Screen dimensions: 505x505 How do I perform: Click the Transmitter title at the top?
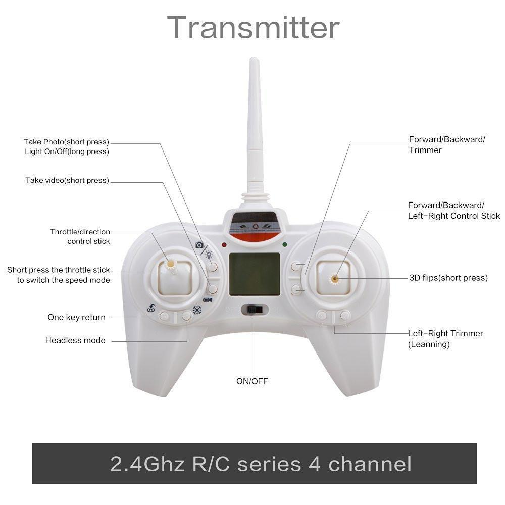[x=253, y=28]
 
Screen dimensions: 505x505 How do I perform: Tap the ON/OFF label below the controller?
[x=252, y=381]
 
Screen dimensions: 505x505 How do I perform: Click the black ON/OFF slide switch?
[x=255, y=310]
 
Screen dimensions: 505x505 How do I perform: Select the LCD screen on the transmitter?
[x=255, y=274]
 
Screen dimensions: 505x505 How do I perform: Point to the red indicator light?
[x=224, y=245]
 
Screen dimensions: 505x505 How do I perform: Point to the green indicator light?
[x=285, y=245]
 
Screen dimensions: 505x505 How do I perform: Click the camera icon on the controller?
[x=199, y=245]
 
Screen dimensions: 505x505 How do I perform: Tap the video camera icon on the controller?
[x=208, y=300]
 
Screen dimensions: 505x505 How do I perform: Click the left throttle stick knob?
[x=170, y=264]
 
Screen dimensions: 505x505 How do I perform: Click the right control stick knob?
[x=335, y=279]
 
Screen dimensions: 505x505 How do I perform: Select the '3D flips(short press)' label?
[x=448, y=278]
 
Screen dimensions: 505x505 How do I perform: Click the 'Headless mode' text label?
[x=75, y=340]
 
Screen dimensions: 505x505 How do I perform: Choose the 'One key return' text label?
[x=76, y=317]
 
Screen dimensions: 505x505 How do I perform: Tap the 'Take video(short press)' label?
[x=67, y=180]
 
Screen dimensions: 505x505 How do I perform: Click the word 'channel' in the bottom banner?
[x=370, y=464]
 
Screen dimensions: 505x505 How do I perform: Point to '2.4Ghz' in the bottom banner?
[x=147, y=464]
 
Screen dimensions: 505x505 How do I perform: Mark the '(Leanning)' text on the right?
[x=429, y=344]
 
